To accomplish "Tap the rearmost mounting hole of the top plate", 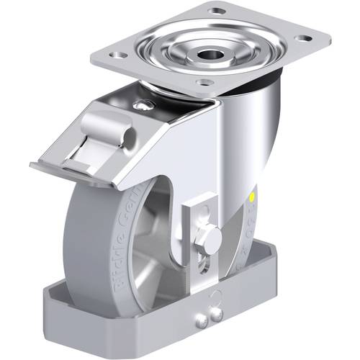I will [215, 12].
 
